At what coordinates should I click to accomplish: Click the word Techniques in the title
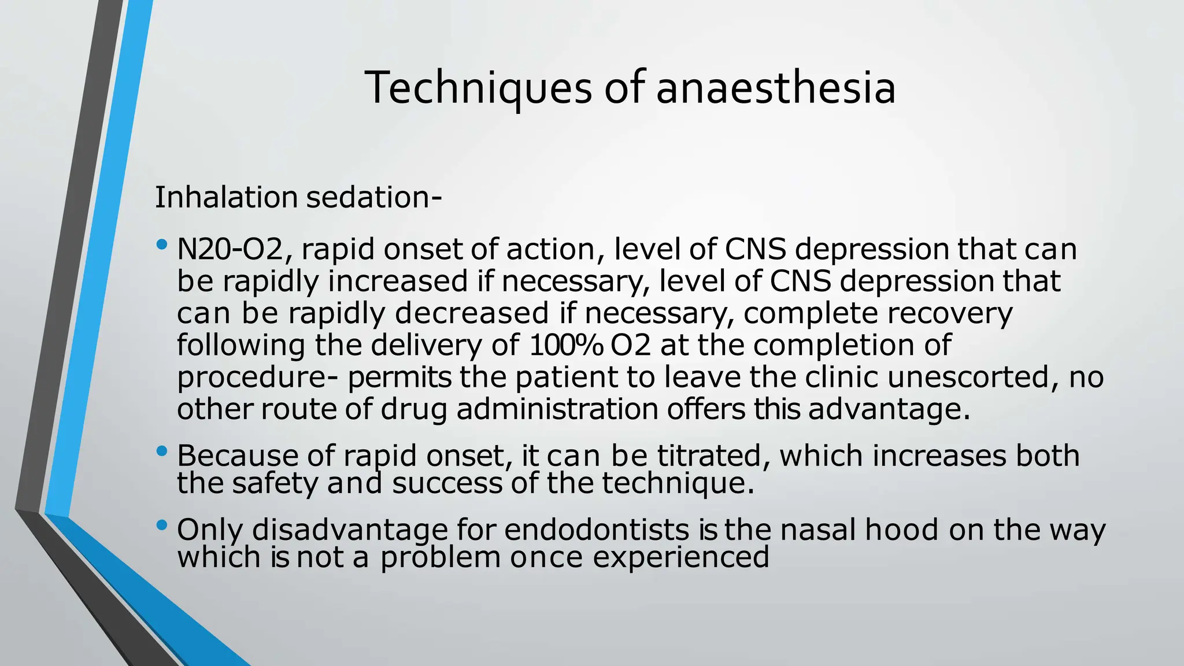(x=478, y=88)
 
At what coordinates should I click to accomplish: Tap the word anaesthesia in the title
(x=776, y=88)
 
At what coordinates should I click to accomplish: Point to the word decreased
(x=472, y=313)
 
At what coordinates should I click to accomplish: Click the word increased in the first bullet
(x=398, y=282)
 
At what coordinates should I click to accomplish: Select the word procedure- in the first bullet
(x=257, y=378)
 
